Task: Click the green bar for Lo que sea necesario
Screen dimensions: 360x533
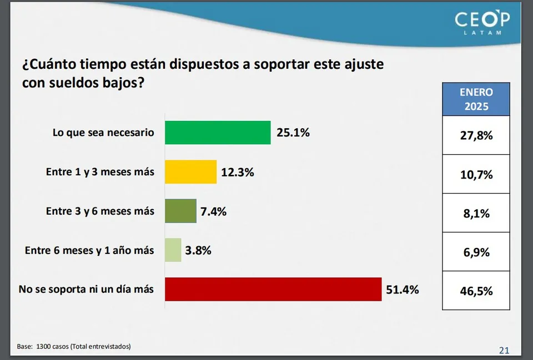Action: click(x=217, y=133)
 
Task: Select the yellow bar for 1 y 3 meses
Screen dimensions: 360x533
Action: click(x=190, y=172)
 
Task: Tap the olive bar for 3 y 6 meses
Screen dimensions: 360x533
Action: click(x=180, y=211)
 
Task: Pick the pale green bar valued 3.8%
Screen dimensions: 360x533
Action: click(x=173, y=250)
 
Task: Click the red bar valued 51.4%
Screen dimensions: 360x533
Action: click(x=273, y=289)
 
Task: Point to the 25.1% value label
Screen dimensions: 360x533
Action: click(x=293, y=133)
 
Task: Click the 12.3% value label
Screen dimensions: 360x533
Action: click(x=238, y=173)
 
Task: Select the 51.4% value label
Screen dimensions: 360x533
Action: click(x=403, y=289)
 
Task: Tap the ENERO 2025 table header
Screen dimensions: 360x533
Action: click(x=476, y=99)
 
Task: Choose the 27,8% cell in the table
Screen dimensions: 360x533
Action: click(x=476, y=135)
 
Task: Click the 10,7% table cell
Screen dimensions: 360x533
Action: click(x=476, y=174)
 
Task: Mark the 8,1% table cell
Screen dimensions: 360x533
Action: click(x=476, y=213)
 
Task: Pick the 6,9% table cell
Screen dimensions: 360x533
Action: click(x=476, y=252)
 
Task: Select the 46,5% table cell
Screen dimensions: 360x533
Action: click(x=476, y=291)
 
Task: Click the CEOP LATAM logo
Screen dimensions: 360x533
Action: click(x=482, y=23)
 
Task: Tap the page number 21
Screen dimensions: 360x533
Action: click(x=504, y=350)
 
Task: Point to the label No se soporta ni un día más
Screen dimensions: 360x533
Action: click(x=86, y=289)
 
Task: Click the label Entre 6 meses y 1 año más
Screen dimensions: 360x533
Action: click(x=89, y=250)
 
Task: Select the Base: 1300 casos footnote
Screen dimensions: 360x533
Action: click(x=74, y=346)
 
